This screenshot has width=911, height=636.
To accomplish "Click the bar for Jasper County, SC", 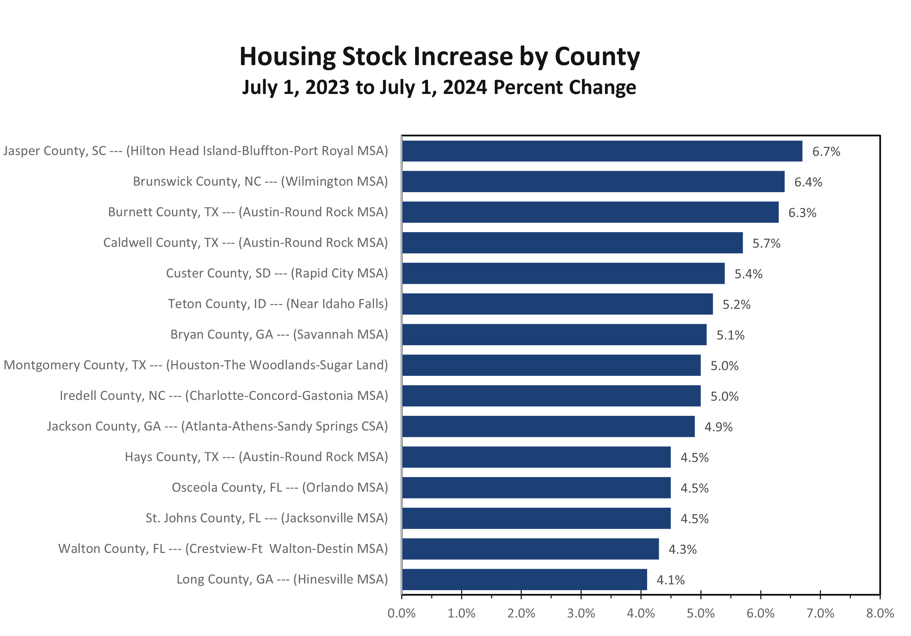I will (x=601, y=151).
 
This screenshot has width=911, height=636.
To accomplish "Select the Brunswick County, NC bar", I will (x=593, y=182).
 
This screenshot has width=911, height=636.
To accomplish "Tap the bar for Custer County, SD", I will (x=563, y=273).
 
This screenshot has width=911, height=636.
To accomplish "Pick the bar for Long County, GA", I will (x=524, y=579).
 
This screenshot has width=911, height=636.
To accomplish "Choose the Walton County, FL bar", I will (x=530, y=549).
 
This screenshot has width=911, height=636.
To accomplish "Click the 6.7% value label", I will (x=826, y=151).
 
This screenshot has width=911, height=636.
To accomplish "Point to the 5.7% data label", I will (x=766, y=243).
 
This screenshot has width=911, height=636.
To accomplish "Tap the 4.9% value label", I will (x=718, y=427).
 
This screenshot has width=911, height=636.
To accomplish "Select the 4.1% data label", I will (x=671, y=580).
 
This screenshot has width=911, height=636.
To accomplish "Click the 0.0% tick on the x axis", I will (x=402, y=613).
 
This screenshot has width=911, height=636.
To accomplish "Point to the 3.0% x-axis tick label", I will (x=581, y=613).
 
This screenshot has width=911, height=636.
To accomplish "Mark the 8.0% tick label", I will (x=880, y=613).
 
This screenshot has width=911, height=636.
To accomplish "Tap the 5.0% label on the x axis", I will (x=701, y=613).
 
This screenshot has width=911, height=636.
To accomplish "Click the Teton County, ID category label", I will (x=278, y=304).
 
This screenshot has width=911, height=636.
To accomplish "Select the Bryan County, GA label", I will (x=279, y=334).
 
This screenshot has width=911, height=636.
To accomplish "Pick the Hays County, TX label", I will (x=256, y=457).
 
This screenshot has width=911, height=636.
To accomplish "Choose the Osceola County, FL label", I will (x=280, y=487).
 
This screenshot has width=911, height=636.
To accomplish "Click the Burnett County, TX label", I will (x=248, y=212).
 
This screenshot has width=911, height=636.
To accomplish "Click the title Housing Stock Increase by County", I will (x=439, y=56).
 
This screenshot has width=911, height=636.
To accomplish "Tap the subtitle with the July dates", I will (x=439, y=87).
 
